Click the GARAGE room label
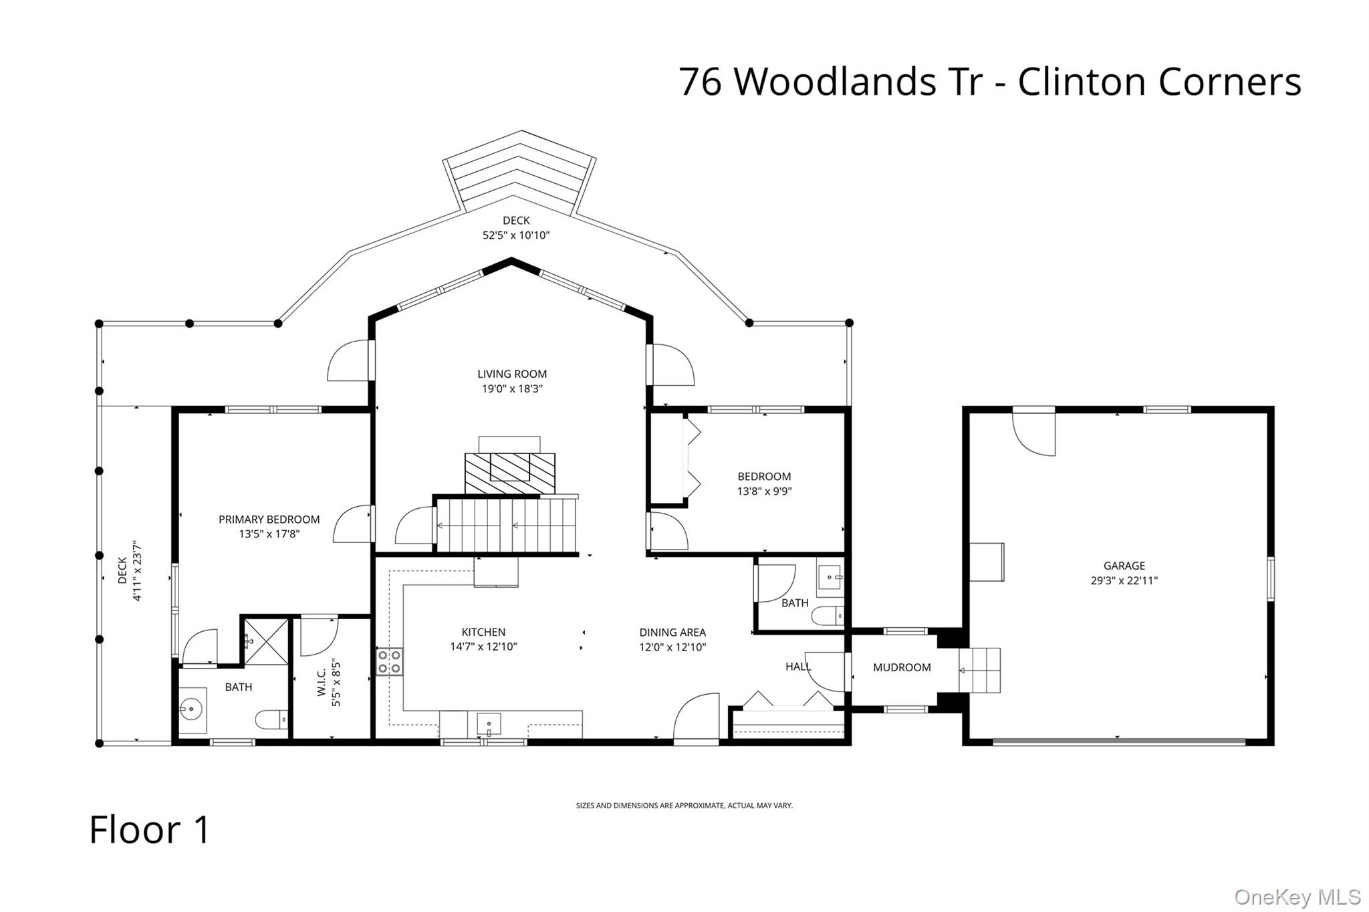coord(1124,566)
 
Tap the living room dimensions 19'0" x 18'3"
coord(512,389)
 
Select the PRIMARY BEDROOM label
coord(269,520)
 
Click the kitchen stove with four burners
coord(389,661)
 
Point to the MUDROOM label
coord(902,667)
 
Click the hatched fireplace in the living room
coord(510,473)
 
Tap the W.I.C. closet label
coord(322,681)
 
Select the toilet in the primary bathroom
coord(272,719)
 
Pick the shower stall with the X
coord(266,642)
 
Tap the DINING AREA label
coord(672,633)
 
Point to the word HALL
coord(798,667)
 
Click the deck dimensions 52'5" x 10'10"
coord(516,235)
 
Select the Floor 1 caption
coord(150,830)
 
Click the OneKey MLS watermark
coord(1297,897)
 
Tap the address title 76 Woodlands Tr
coord(831,82)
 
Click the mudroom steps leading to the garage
coord(980,670)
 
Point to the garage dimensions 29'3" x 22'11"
coord(1124,581)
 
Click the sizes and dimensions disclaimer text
coord(684,806)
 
